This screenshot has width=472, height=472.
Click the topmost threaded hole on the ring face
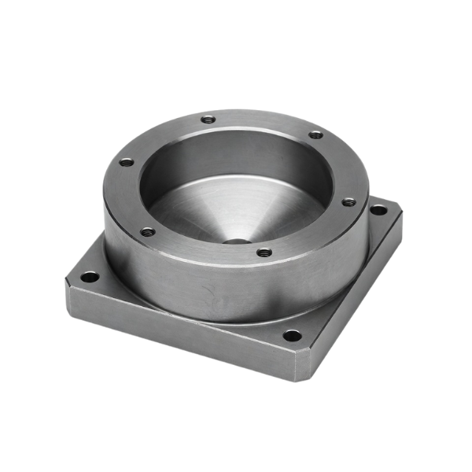tap(208, 120)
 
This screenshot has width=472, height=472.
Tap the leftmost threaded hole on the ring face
tap(124, 164)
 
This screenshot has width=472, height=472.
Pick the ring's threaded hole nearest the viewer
tap(264, 253)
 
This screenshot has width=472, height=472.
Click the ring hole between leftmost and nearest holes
tap(147, 231)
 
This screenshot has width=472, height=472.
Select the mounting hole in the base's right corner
tap(378, 211)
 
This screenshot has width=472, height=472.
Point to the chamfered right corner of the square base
tap(397, 216)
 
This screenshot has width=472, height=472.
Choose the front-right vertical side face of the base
tap(354, 299)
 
